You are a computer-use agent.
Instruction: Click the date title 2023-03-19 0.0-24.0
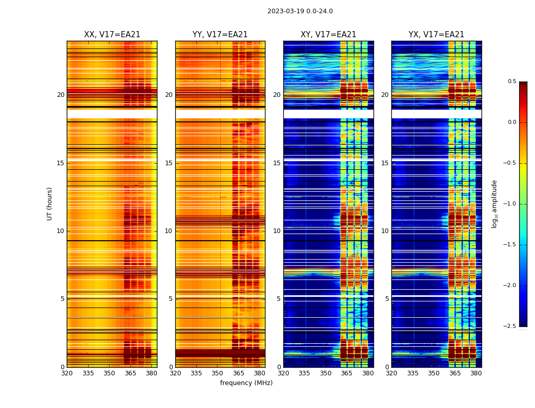300,11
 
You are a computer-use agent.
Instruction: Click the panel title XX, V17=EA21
112,35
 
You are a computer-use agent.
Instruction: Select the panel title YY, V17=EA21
220,35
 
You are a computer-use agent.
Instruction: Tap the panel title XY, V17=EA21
328,35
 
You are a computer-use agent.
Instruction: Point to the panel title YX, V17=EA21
436,35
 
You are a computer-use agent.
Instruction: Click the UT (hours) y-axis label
50,203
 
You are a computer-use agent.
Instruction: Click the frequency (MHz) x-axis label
246,383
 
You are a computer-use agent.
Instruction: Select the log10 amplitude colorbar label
494,203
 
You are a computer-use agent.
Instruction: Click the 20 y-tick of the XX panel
61,95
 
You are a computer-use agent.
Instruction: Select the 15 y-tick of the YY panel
169,163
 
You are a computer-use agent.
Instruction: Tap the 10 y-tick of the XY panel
277,231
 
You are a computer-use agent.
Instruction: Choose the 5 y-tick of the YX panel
387,299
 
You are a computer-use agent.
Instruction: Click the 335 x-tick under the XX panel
88,373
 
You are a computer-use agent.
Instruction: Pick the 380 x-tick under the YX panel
476,373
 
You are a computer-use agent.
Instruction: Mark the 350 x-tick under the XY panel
326,373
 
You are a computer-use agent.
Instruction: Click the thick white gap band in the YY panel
220,114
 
